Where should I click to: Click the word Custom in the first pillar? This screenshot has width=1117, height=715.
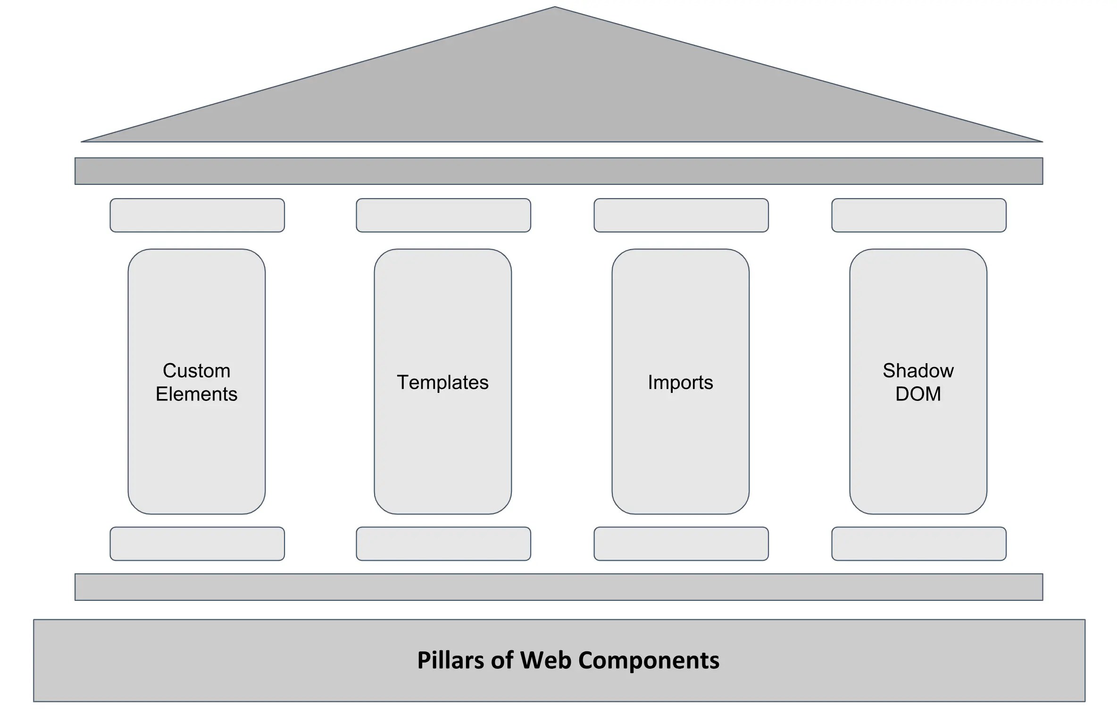tap(196, 371)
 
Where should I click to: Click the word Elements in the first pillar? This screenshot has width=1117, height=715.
tap(196, 394)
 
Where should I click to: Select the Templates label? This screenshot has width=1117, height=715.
tap(442, 382)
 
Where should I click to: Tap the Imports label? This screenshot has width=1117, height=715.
tap(680, 382)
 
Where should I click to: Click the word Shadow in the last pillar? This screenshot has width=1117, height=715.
tap(918, 371)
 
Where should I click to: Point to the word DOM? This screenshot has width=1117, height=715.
tap(918, 394)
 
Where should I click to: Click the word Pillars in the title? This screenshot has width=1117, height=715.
tap(451, 660)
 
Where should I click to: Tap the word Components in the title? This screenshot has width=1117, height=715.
tap(649, 660)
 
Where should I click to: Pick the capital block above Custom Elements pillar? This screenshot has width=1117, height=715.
tap(197, 215)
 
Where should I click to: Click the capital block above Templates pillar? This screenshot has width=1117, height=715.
tap(443, 215)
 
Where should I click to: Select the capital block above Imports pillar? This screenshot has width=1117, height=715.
tap(681, 215)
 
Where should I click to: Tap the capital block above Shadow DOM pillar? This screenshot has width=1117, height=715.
tap(919, 215)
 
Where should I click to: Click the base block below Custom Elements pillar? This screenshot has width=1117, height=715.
tap(197, 544)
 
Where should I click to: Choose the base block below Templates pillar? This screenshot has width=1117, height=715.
tap(443, 544)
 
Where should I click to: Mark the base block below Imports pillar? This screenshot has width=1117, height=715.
tap(681, 544)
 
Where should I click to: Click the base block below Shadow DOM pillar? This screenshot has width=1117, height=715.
tap(919, 544)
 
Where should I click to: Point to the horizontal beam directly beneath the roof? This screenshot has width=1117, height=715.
tap(558, 171)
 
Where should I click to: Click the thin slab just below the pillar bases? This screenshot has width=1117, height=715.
tap(558, 587)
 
